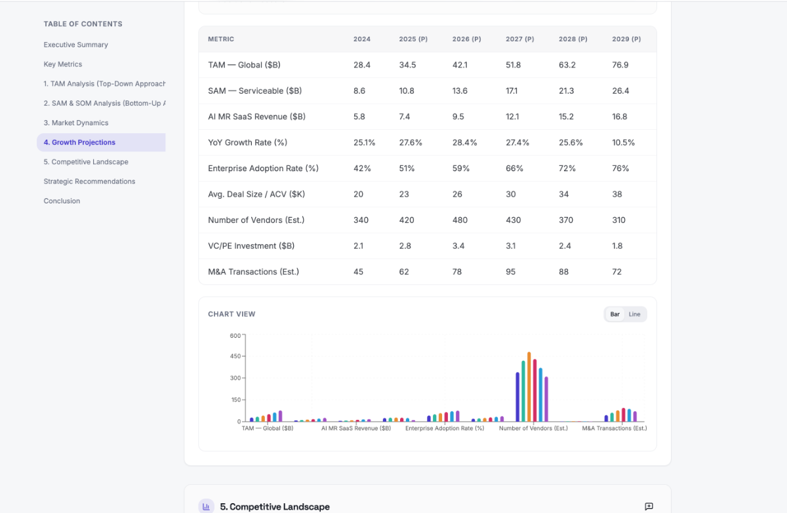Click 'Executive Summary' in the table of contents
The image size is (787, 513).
pos(75,45)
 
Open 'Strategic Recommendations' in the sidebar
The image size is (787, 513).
pos(89,181)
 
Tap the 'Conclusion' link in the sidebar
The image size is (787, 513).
pos(62,201)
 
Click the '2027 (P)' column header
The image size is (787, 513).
pos(519,39)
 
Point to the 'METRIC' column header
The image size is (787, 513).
pos(221,39)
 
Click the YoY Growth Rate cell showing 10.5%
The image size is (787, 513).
pos(623,142)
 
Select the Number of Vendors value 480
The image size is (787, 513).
pos(460,220)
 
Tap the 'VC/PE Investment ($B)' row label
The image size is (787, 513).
pos(251,246)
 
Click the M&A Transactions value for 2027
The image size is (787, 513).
pos(510,272)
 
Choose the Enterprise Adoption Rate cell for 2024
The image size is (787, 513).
pos(362,169)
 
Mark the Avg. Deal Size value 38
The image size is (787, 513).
pos(616,194)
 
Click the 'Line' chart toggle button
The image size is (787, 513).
pos(634,314)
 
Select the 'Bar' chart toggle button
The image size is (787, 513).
pos(615,314)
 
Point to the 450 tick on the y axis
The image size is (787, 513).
pos(235,357)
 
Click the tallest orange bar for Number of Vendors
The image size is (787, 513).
pos(529,387)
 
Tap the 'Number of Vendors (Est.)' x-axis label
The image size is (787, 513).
pos(533,428)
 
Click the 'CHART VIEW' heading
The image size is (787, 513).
pos(232,314)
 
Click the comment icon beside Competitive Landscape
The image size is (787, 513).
pos(649,506)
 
